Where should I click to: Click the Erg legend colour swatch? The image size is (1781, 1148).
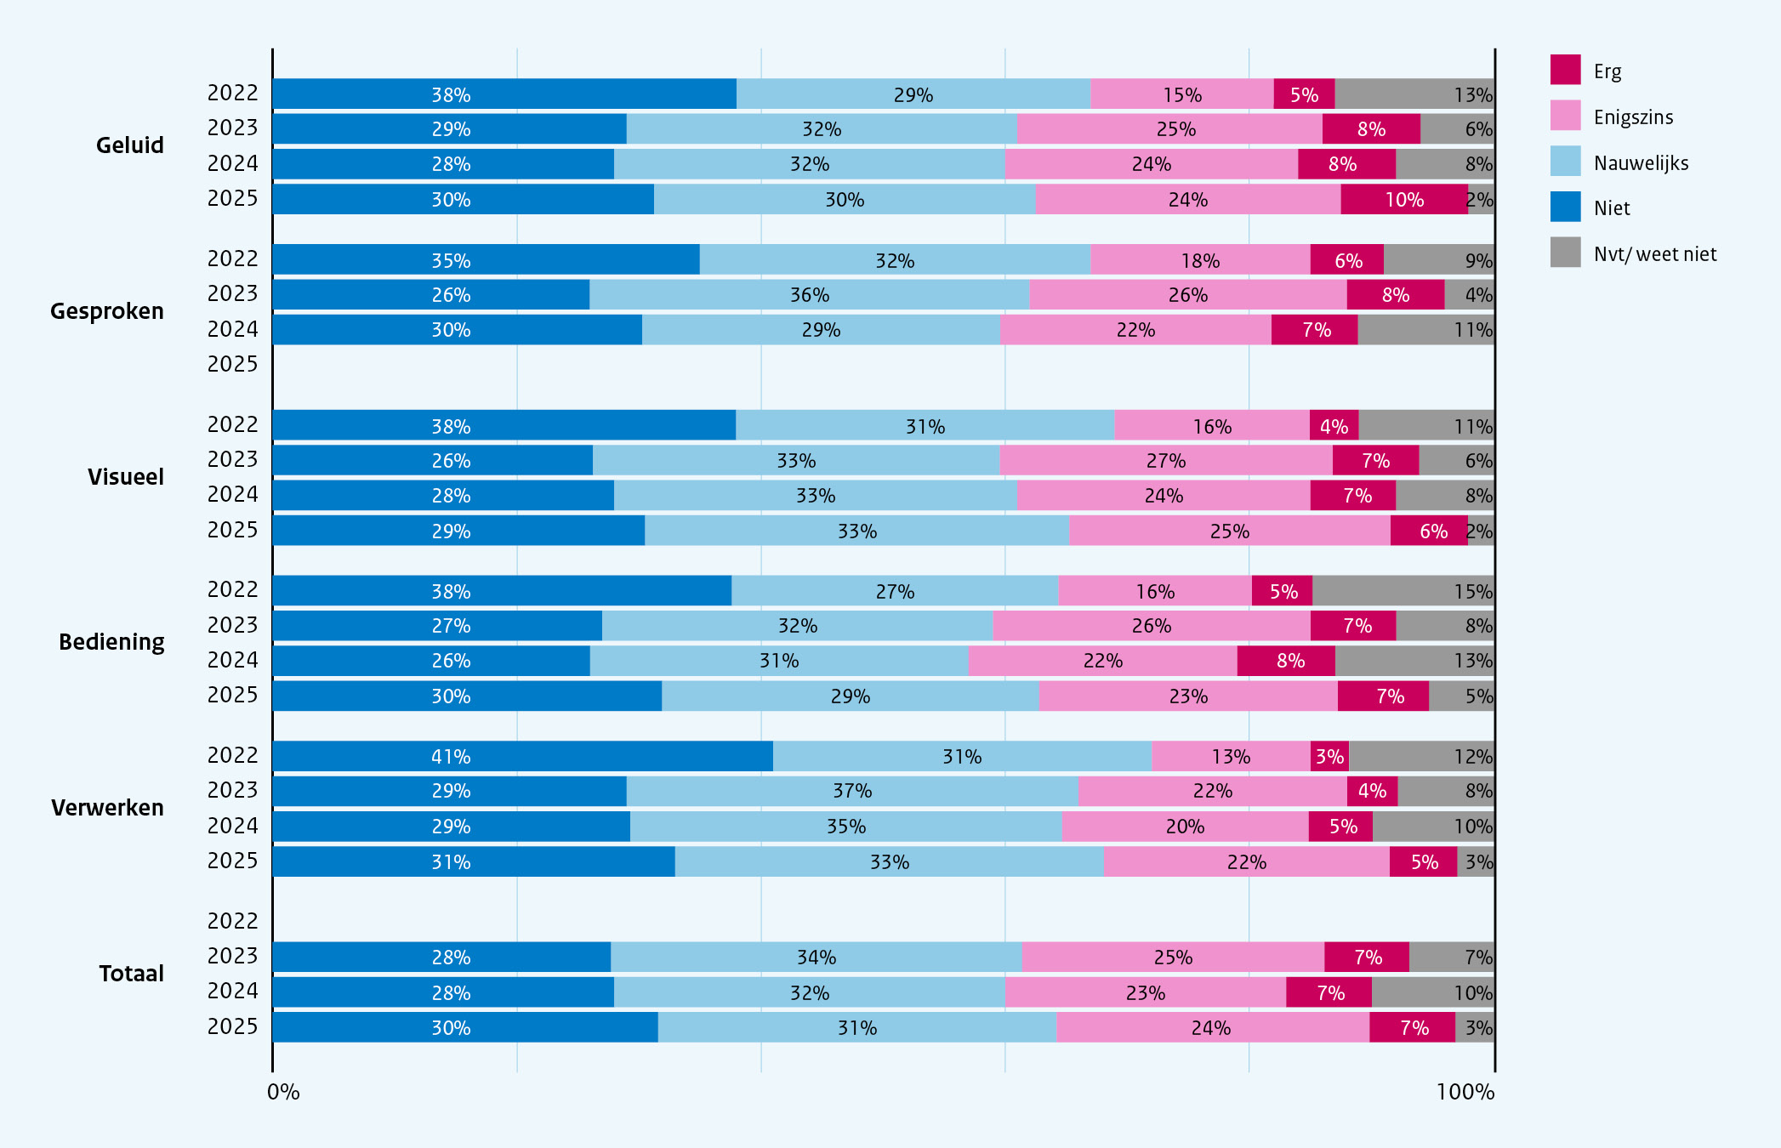tap(1565, 70)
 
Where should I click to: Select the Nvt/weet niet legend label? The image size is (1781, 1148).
tap(1655, 254)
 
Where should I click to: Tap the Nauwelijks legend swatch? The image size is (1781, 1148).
tap(1565, 161)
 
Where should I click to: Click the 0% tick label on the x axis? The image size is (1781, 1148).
tap(283, 1092)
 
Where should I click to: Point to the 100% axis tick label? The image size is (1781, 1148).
tap(1465, 1092)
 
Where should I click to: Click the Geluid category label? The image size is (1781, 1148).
tap(130, 145)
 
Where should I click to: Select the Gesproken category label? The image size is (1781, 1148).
tap(107, 311)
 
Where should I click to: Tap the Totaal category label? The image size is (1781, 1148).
tap(131, 974)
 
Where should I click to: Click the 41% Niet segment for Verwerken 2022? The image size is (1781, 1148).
tap(523, 756)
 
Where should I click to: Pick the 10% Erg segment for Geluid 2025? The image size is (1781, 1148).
tap(1404, 199)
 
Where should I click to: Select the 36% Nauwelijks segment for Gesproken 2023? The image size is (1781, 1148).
tap(809, 294)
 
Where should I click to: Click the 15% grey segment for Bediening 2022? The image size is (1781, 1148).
tap(1403, 590)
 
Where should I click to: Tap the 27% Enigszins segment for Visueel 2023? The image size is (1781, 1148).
tap(1166, 460)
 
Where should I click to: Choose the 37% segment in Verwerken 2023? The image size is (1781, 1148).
tap(852, 791)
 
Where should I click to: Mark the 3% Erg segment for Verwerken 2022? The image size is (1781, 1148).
tap(1329, 756)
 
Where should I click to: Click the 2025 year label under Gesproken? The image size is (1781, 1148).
tap(232, 364)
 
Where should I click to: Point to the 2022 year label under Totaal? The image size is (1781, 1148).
tap(232, 921)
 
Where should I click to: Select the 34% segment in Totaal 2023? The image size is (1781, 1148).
tap(817, 957)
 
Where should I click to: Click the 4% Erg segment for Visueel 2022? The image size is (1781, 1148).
tap(1334, 425)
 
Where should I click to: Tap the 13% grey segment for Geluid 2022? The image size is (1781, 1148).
tap(1414, 94)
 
